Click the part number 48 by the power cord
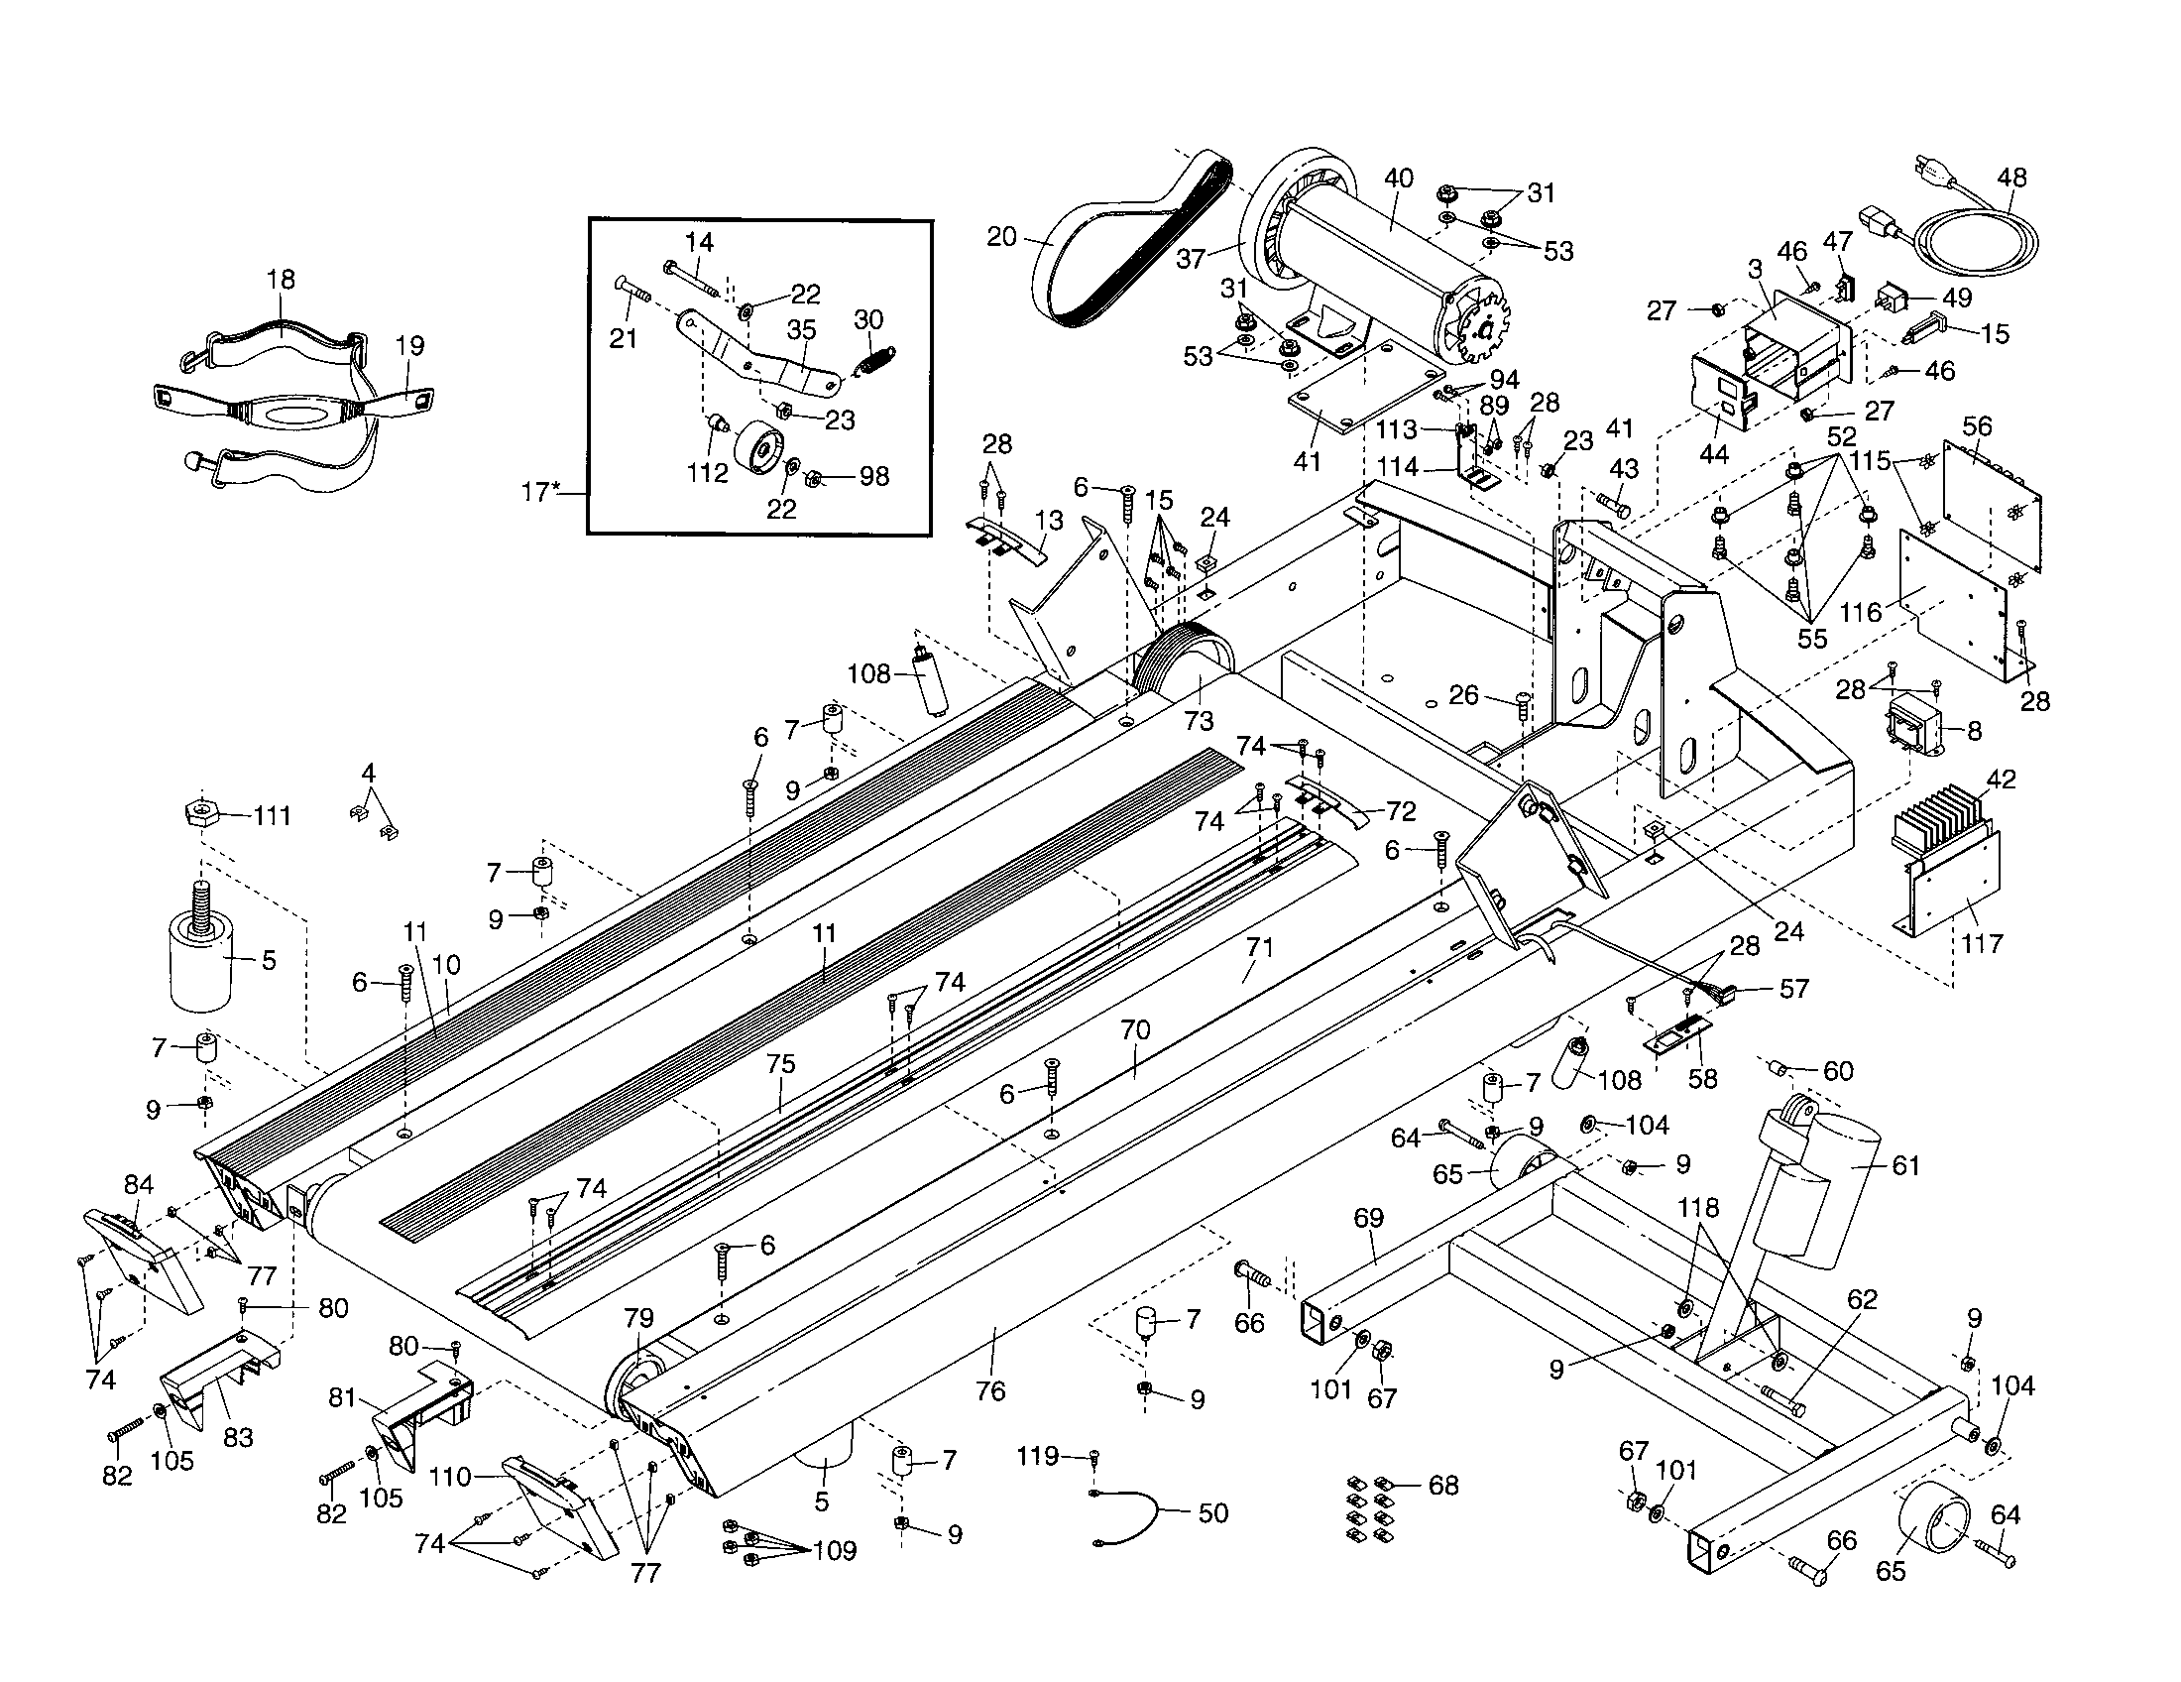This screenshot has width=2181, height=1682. pyautogui.click(x=2011, y=178)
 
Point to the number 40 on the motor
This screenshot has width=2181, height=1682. pyautogui.click(x=1398, y=179)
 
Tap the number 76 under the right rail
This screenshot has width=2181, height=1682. pyautogui.click(x=989, y=1390)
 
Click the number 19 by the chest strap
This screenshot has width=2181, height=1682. pyautogui.click(x=409, y=345)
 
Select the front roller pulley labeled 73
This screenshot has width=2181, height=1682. pyautogui.click(x=1189, y=661)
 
